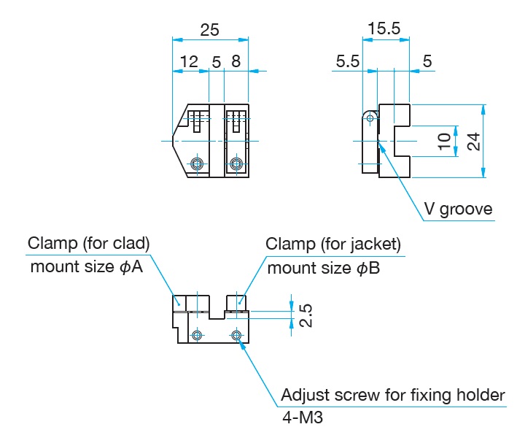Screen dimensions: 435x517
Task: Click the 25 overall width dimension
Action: pyautogui.click(x=209, y=30)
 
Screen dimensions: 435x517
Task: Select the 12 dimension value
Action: pyautogui.click(x=189, y=62)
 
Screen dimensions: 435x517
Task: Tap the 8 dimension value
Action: pyautogui.click(x=236, y=62)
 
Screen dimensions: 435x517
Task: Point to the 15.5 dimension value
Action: pyautogui.click(x=384, y=28)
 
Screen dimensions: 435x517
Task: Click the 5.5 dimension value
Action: pyautogui.click(x=348, y=62)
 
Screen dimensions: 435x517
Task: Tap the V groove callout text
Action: pyautogui.click(x=459, y=209)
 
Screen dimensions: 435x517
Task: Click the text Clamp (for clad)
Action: pyautogui.click(x=88, y=242)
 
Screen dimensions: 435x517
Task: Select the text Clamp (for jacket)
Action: pyautogui.click(x=333, y=243)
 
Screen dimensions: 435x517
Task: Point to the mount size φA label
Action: pyautogui.click(x=86, y=267)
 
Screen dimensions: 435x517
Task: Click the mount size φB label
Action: pyautogui.click(x=324, y=268)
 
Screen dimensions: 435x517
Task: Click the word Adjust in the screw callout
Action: pyautogui.click(x=305, y=396)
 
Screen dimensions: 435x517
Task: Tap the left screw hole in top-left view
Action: pyautogui.click(x=195, y=163)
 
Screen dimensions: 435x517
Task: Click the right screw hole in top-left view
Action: pyautogui.click(x=235, y=163)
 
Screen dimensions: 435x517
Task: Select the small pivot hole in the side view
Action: pyautogui.click(x=370, y=118)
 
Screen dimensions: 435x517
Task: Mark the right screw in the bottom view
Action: pyautogui.click(x=236, y=335)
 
